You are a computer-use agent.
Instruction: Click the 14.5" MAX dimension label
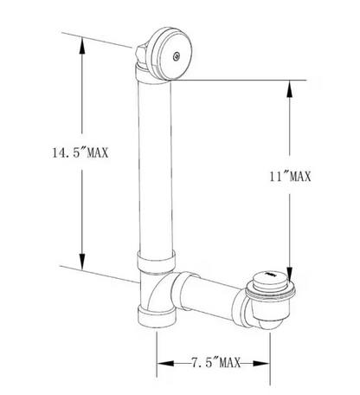tap(80, 152)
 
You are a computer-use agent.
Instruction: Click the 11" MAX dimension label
tap(290, 177)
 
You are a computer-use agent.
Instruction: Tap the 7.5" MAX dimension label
tap(216, 362)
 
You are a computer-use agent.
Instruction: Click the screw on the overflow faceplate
tap(177, 56)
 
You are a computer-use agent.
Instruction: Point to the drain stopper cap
tap(268, 279)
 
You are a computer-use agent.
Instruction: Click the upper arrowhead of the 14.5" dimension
tap(82, 46)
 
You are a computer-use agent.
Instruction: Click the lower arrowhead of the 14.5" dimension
tap(82, 262)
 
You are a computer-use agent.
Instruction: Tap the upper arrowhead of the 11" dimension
tap(289, 88)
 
